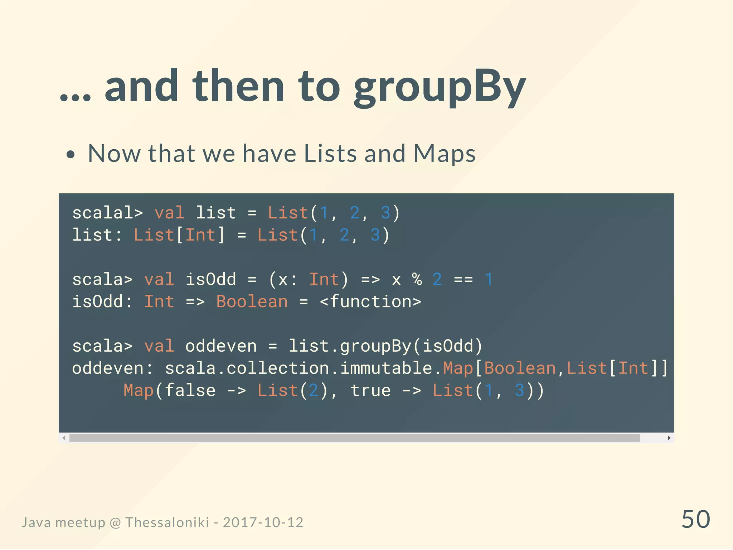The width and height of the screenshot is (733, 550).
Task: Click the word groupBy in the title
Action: tap(440, 87)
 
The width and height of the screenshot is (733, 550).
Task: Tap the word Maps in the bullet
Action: tap(444, 154)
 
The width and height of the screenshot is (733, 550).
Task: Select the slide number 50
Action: tap(695, 519)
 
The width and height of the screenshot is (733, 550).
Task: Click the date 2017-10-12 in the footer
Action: tap(263, 522)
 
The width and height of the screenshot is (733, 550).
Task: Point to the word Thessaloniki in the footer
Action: tap(167, 522)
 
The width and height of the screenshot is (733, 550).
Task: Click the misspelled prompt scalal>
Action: tap(107, 213)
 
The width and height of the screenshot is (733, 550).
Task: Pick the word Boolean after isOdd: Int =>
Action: tap(252, 302)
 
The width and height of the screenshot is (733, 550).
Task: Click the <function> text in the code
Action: tap(370, 302)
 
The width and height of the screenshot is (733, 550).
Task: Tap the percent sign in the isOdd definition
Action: tap(417, 280)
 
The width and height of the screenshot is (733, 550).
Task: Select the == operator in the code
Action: tap(463, 280)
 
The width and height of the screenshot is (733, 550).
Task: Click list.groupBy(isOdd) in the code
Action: tap(385, 346)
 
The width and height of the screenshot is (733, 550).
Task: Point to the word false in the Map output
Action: tap(190, 391)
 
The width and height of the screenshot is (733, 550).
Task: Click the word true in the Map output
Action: tap(370, 391)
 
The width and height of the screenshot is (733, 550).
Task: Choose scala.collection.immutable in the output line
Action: tap(298, 368)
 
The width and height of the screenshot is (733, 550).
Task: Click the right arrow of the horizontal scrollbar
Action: tap(669, 438)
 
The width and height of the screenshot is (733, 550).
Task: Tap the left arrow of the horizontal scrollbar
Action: tap(64, 438)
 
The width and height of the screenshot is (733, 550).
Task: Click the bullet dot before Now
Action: tap(71, 155)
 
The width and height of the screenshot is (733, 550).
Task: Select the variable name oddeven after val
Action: tap(221, 346)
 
